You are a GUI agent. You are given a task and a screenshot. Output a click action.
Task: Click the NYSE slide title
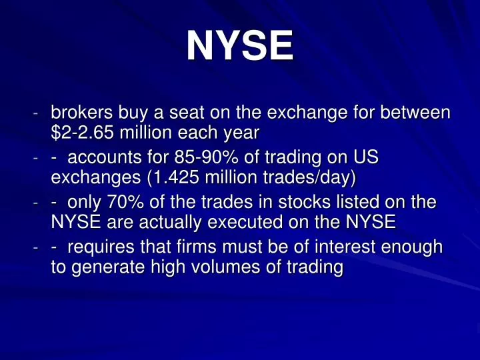point(239,46)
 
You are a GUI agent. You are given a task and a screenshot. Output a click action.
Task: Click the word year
point(241,133)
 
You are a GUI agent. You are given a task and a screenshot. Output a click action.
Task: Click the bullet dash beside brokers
point(36,114)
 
